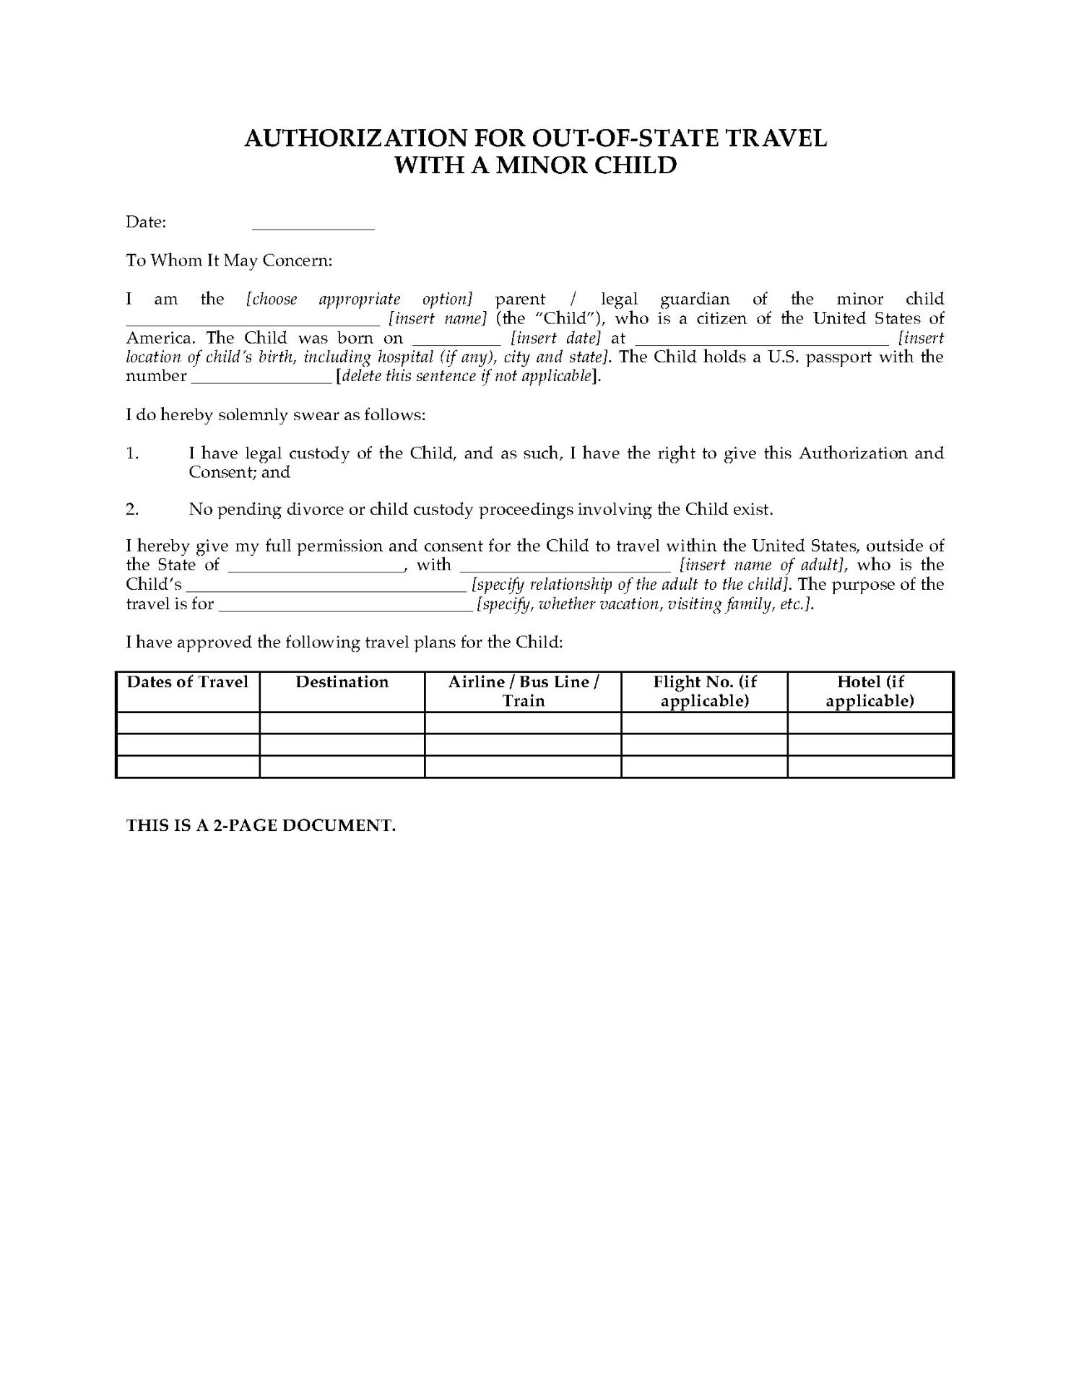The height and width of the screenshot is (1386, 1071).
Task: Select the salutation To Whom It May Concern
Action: tap(229, 261)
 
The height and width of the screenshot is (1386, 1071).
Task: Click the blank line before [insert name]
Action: tap(253, 321)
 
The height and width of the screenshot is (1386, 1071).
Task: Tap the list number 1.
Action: tap(132, 453)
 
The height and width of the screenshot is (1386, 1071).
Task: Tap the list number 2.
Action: tap(132, 510)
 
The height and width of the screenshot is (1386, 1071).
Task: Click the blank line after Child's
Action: tap(326, 588)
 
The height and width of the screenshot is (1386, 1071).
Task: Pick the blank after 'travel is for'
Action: tap(345, 607)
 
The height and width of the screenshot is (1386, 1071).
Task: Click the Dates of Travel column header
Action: tap(188, 682)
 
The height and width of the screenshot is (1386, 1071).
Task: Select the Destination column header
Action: tap(342, 682)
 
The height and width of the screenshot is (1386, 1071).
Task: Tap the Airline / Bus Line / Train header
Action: tap(523, 692)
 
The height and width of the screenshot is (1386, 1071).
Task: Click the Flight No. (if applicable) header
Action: tap(704, 692)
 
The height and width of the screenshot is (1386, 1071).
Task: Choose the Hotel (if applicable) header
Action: tap(870, 692)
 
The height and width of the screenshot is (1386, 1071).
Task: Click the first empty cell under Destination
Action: tap(342, 723)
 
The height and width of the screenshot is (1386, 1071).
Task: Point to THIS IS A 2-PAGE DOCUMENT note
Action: tap(261, 826)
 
